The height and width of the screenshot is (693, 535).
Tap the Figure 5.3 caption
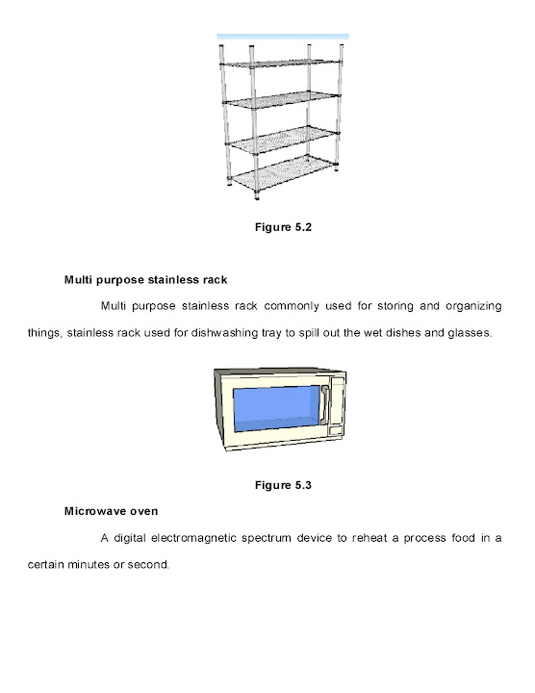click(x=283, y=484)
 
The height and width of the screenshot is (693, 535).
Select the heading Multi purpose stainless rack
click(x=145, y=280)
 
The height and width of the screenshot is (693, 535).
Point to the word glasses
click(x=470, y=334)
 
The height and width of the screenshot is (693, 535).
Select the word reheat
click(x=390, y=538)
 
